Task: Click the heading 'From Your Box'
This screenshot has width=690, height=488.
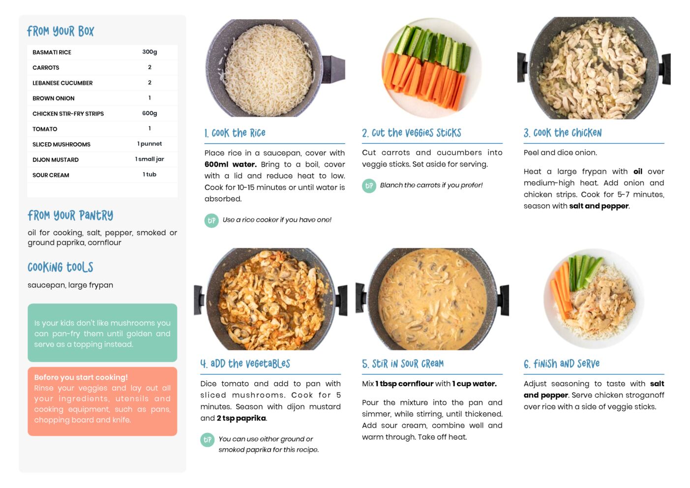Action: coord(60,31)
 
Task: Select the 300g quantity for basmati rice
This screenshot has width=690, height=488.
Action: coord(150,52)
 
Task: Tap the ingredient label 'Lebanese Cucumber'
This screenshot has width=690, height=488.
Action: coord(62,83)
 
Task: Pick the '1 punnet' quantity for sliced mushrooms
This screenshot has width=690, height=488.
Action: coord(150,144)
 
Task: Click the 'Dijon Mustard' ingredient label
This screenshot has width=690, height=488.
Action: coord(56,159)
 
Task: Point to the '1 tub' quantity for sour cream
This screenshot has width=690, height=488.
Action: coord(150,174)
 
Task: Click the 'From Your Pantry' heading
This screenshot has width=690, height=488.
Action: coord(70,215)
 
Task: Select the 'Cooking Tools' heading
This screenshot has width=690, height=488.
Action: coord(60,267)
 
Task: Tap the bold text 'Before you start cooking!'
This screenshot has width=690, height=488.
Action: coord(81,377)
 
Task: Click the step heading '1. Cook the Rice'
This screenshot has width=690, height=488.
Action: coord(235,133)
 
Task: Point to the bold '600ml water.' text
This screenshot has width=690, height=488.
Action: coord(231,164)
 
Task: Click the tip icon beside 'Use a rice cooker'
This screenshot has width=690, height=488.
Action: coord(211,220)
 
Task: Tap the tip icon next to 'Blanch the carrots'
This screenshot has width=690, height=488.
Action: coord(369,186)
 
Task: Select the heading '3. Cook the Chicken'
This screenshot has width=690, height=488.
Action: coord(563,133)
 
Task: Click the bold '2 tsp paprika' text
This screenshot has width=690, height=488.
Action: coord(241,418)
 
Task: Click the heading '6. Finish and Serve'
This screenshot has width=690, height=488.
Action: coord(562,364)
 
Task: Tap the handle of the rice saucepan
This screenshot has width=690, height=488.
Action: coord(333,69)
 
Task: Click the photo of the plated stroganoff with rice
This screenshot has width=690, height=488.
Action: coord(594,298)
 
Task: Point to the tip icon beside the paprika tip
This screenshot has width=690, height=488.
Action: coord(208,440)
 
